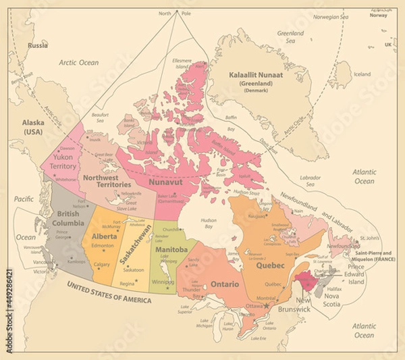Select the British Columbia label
pyautogui.click(x=67, y=217)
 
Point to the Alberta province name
pyautogui.click(x=105, y=237)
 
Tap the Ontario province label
pyautogui.click(x=223, y=284)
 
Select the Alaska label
pyautogui.click(x=33, y=127)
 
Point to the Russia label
pyautogui.click(x=38, y=46)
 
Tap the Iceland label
pyautogui.click(x=362, y=74)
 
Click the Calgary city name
pyautogui.click(x=103, y=264)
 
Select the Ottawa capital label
pyautogui.click(x=254, y=306)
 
